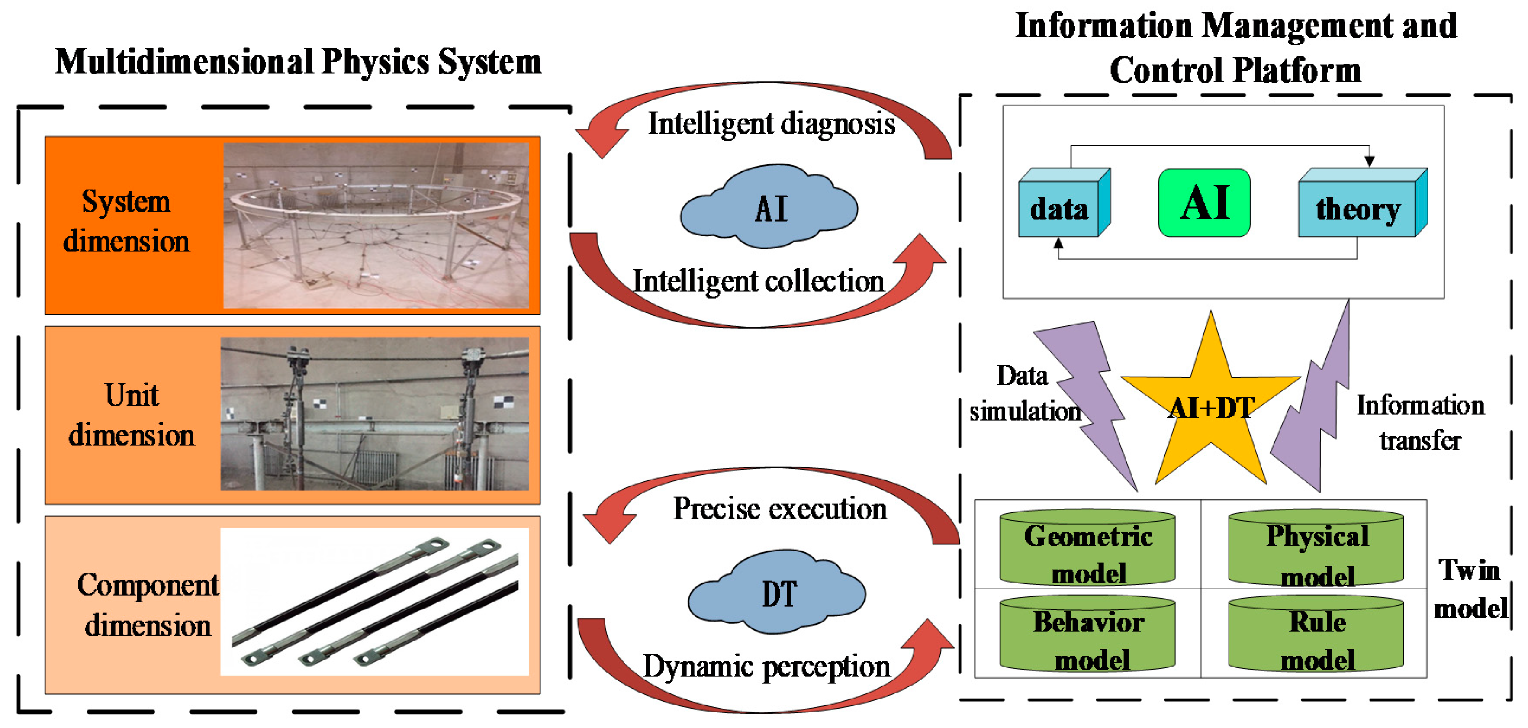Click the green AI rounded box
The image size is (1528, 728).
pyautogui.click(x=1204, y=203)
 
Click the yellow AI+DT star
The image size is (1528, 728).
pyautogui.click(x=1211, y=409)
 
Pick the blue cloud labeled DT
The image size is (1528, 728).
pyautogui.click(x=778, y=594)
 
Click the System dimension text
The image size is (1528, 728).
pyautogui.click(x=126, y=221)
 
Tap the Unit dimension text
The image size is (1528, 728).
pyautogui.click(x=132, y=415)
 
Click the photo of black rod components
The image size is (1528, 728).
pyautogui.click(x=375, y=602)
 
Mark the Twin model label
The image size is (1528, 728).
pyautogui.click(x=1470, y=589)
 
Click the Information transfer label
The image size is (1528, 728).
pyautogui.click(x=1420, y=422)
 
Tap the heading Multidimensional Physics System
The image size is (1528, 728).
pyautogui.click(x=298, y=62)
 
